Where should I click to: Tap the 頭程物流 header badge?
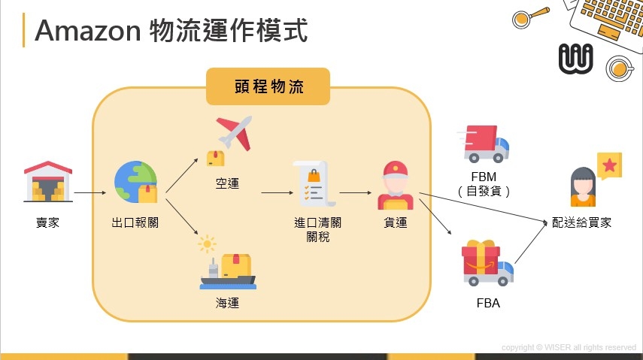(x=267, y=86)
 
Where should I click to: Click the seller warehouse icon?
(x=48, y=181)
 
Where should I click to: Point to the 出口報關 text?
(x=135, y=222)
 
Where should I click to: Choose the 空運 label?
(x=226, y=183)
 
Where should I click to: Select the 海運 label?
(x=227, y=304)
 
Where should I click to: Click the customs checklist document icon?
(x=313, y=185)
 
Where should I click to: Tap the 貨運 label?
(x=395, y=222)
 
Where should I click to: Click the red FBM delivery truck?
(x=485, y=144)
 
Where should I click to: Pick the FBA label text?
(x=488, y=304)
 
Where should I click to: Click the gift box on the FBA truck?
(x=481, y=261)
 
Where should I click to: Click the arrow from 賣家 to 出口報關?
(x=90, y=192)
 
